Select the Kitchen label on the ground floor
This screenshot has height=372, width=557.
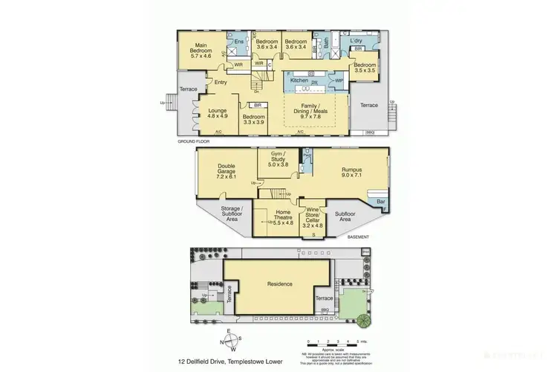point(299,79)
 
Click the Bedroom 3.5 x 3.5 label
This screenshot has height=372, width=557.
point(365,69)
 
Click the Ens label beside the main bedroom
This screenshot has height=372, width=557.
point(239,42)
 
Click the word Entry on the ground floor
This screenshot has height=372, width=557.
point(221,82)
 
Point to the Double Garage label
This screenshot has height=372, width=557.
point(226,172)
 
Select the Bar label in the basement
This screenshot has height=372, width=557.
point(381,201)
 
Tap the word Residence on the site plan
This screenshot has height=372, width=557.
point(279,283)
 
